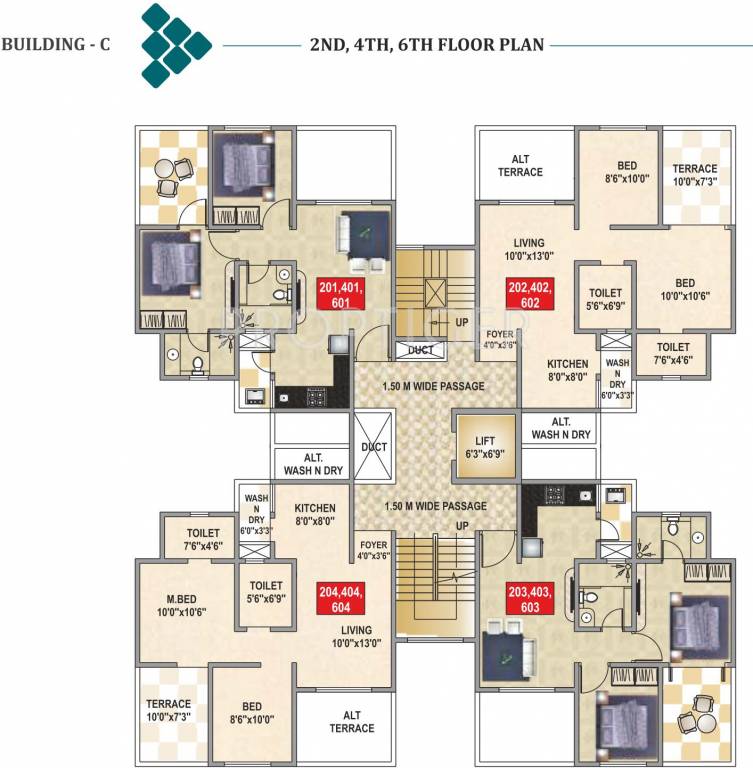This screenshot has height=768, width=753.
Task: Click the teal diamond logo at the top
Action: [x=175, y=45]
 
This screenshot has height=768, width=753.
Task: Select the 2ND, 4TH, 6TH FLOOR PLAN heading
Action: [x=424, y=45]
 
